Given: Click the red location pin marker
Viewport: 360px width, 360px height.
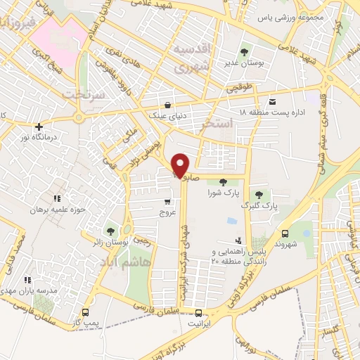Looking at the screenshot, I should [x=181, y=165].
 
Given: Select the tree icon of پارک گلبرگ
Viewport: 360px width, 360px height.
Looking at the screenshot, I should [x=259, y=195].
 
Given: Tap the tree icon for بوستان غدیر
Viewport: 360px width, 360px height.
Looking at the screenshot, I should [x=244, y=52].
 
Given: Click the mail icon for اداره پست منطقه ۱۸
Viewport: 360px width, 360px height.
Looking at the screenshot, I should [x=272, y=102].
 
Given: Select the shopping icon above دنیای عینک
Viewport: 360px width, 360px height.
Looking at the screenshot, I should [x=167, y=102].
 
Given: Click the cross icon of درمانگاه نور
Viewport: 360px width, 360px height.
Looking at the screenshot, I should [x=39, y=127].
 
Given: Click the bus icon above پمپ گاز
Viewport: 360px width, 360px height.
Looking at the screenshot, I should [x=85, y=311].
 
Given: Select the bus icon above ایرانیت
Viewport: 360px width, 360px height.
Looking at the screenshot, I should [x=199, y=312].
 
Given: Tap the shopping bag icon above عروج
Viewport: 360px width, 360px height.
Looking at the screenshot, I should [x=166, y=201].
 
